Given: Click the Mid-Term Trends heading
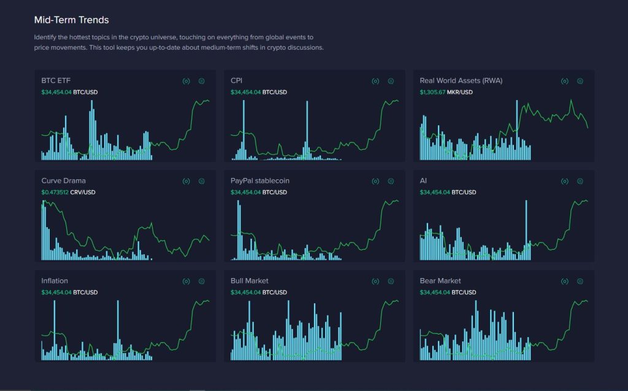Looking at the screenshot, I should click(x=72, y=20).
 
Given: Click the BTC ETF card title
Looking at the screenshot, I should click(x=56, y=80).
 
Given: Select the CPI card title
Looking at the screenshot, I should click(x=237, y=80).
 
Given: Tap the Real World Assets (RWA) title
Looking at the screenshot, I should click(x=461, y=80).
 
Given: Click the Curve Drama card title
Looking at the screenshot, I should click(x=63, y=181).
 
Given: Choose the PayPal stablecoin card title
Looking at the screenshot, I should click(x=260, y=181).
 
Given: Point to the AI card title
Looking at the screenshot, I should click(x=423, y=181).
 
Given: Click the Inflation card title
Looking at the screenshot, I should click(x=55, y=281).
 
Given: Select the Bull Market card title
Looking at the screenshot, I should click(x=250, y=281).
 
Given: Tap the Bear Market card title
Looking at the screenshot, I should click(x=440, y=281).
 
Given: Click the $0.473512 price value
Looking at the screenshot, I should click(x=56, y=193).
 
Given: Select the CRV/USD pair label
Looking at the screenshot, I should click(x=84, y=193).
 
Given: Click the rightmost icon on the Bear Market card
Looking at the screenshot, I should click(x=580, y=281).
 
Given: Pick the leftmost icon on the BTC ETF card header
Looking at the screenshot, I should click(x=186, y=81).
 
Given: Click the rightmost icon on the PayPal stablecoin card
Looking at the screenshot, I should click(x=391, y=181).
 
